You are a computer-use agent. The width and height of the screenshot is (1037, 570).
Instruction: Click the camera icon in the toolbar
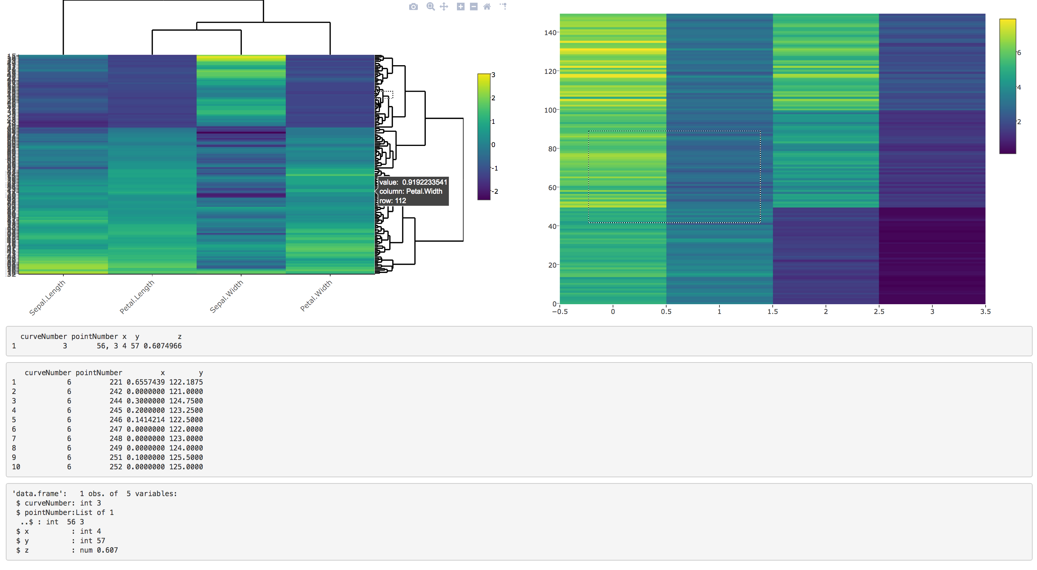point(413,7)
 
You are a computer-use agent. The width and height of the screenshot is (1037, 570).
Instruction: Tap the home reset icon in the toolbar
point(487,7)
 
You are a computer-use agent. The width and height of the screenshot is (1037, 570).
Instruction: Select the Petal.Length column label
point(137,297)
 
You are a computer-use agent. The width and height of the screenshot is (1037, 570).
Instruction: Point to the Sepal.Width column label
point(227,297)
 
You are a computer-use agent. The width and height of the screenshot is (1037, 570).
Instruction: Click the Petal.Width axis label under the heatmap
point(316,296)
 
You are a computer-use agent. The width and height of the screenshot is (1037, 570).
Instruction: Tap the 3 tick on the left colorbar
point(493,75)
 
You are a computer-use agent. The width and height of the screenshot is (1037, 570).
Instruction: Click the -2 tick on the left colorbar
point(495,191)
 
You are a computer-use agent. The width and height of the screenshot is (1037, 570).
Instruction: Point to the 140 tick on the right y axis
point(550,33)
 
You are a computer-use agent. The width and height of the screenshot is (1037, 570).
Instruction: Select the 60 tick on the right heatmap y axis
point(552,188)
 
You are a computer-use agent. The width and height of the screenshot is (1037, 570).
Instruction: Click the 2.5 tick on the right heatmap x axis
point(879,311)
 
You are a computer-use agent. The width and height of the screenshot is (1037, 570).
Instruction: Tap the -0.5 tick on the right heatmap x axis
point(559,311)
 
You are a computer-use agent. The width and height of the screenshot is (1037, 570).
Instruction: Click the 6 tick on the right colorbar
point(1019,53)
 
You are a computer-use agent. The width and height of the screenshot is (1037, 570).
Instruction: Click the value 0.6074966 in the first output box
point(163,346)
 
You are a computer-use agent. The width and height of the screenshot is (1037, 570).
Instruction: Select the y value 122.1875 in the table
point(186,382)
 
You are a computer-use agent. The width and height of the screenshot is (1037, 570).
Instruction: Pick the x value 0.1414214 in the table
point(145,419)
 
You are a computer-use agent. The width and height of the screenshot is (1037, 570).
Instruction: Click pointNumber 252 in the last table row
point(116,466)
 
